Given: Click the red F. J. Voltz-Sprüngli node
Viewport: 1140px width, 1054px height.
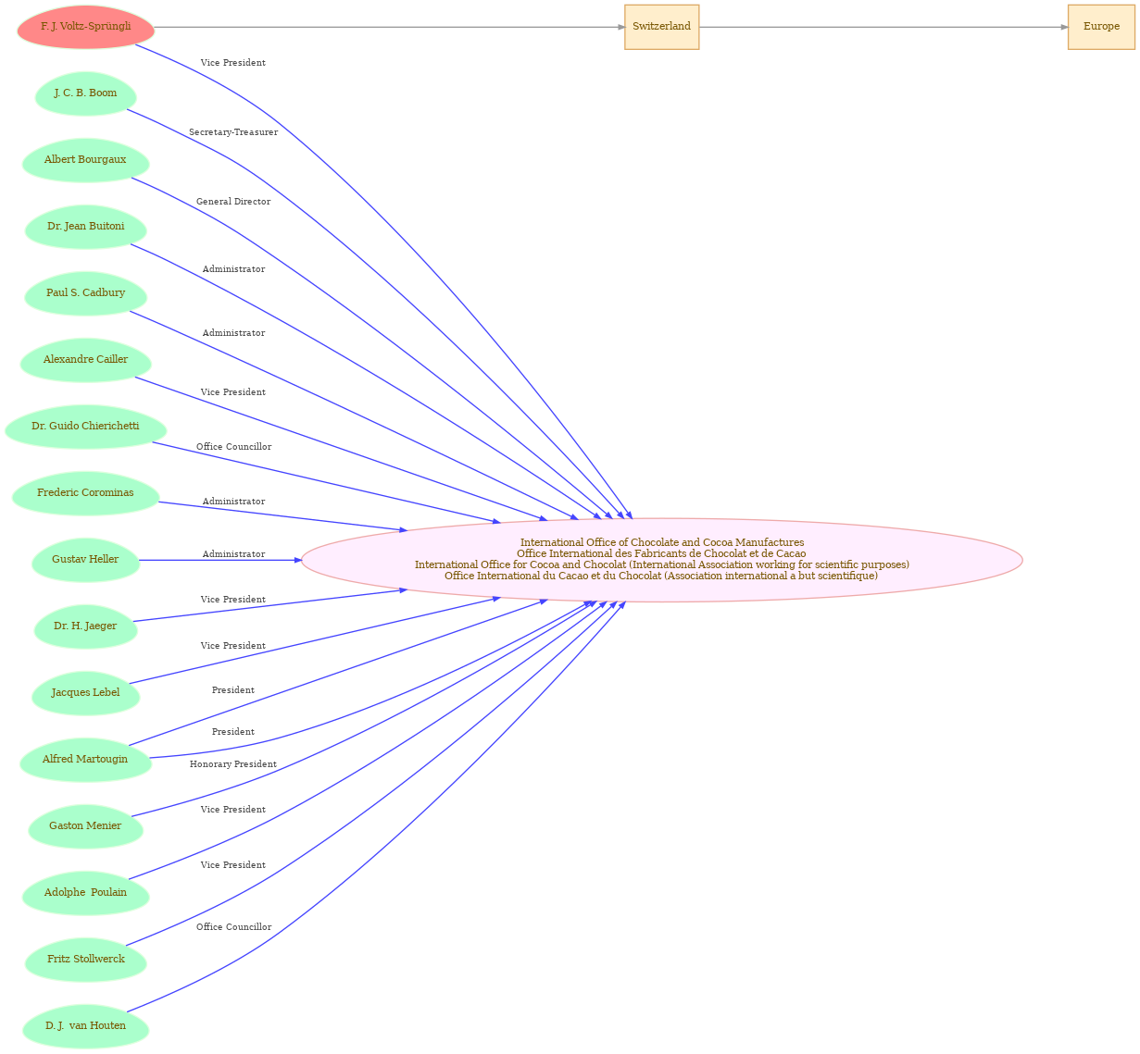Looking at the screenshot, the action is [x=86, y=27].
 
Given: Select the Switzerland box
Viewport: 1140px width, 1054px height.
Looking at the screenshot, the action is [x=661, y=27].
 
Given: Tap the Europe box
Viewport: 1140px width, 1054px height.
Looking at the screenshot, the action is [x=1101, y=27].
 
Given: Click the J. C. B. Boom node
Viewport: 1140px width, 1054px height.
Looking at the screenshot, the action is [x=86, y=93].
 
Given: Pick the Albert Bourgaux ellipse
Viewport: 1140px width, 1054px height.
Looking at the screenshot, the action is [x=86, y=160].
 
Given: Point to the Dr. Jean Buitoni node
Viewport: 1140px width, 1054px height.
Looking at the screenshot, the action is [x=86, y=227].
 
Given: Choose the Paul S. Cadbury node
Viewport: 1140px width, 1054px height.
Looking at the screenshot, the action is [x=86, y=293].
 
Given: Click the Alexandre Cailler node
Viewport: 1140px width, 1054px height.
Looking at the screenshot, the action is [x=86, y=360].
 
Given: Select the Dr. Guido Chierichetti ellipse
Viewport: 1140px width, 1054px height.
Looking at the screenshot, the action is [x=86, y=427].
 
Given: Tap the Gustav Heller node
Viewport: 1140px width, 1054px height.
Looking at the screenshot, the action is [x=86, y=560].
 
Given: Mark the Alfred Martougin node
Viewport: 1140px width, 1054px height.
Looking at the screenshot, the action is [x=86, y=760].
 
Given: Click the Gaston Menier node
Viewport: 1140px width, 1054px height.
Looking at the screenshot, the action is [x=86, y=826].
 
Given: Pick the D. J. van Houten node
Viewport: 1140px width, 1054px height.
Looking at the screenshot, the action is [x=86, y=1026].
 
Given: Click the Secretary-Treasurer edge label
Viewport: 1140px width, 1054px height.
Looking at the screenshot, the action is [x=233, y=132].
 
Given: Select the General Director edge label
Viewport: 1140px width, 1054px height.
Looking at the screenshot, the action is [x=233, y=202].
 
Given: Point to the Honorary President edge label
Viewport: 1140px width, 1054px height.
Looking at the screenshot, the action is [x=233, y=764].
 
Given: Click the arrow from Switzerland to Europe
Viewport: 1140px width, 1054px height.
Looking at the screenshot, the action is [x=883, y=27].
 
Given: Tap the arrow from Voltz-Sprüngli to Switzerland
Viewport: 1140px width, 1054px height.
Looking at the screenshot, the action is [x=390, y=27].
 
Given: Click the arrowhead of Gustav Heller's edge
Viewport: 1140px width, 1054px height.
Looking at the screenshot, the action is [x=298, y=560].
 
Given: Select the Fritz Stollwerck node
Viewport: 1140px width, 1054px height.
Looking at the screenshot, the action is [x=86, y=960].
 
